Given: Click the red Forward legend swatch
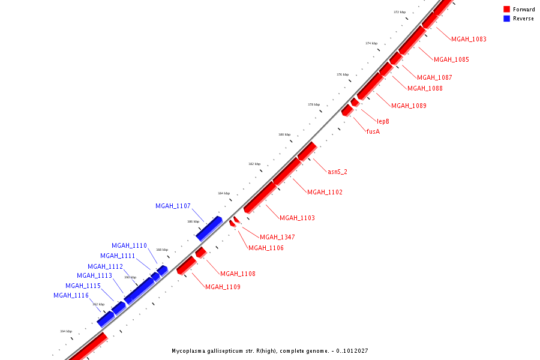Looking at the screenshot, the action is coord(506,10).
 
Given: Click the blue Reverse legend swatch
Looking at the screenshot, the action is coord(506,19).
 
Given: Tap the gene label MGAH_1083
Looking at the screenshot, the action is coord(469,39).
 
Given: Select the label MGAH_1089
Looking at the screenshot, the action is coord(409,106).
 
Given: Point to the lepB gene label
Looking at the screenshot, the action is coord(383,121).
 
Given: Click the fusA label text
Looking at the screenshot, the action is coord(373,131).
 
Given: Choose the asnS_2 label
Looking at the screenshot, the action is coord(337,172).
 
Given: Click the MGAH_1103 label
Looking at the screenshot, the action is coord(297,218).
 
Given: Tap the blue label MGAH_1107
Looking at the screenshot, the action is coord(173,206).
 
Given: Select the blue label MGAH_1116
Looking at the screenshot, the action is coord(71,295).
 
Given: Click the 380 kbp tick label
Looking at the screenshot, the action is coord(284,134).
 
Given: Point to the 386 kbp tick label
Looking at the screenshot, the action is coord(193,221).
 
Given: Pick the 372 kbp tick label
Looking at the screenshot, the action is coord(400,12).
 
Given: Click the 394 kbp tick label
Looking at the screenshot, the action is coord(66,331).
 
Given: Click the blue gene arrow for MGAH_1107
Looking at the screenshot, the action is coord(208,229).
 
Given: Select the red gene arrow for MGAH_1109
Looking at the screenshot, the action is coord(186,265).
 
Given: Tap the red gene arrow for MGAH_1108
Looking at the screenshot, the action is coord(201,252).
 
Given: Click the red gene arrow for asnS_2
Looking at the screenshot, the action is coord(307,151).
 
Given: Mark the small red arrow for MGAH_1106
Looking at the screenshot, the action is coord(232,223).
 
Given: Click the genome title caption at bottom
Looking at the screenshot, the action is coord(269,351).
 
